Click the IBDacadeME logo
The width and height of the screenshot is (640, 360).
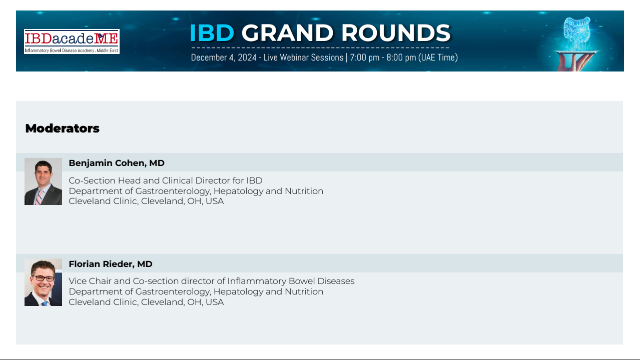click(72, 41)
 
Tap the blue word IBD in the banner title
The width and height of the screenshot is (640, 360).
click(212, 33)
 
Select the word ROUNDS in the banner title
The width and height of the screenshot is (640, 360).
click(396, 33)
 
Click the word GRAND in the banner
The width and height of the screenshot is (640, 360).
click(287, 33)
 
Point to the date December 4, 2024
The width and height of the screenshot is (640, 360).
click(224, 57)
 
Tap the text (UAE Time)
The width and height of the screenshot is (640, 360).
click(438, 57)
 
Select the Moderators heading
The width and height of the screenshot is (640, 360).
click(62, 128)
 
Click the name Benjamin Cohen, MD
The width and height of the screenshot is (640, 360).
click(117, 163)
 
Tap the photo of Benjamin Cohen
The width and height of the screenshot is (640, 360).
click(43, 181)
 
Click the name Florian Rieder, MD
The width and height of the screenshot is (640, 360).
click(111, 264)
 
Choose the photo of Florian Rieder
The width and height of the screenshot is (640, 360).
click(43, 282)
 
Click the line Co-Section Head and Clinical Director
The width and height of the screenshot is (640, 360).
click(166, 180)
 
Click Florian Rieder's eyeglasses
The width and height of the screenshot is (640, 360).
click(44, 278)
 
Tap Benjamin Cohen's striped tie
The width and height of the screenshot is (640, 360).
click(39, 197)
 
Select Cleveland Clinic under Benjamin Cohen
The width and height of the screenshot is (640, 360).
click(103, 201)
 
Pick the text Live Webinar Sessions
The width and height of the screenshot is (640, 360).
click(303, 57)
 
